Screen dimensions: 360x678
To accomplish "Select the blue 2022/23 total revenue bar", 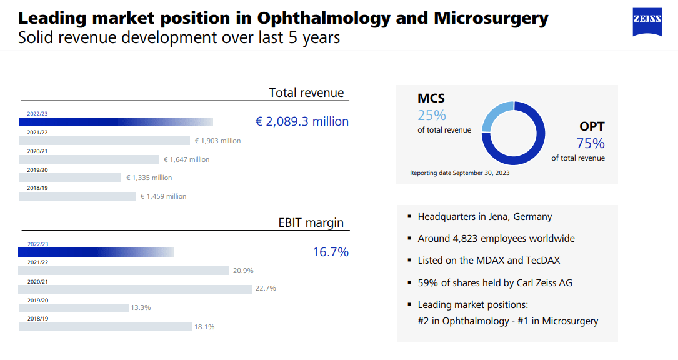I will point(116,122).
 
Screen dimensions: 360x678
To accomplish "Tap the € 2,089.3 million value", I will point(302,121).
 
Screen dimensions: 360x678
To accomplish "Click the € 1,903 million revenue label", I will point(217,141).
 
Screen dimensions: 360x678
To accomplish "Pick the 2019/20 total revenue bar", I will point(69,177).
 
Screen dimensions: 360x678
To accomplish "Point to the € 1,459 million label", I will point(163,196).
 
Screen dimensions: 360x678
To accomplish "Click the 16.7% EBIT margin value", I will point(331,252).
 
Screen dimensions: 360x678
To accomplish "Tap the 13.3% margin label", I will point(141,307).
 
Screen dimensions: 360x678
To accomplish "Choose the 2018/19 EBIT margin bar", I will point(105,326).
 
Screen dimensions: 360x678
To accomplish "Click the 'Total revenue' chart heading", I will point(306,92).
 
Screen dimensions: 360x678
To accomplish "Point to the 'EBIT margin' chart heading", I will point(311,223).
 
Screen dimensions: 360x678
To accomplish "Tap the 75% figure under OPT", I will point(591,143).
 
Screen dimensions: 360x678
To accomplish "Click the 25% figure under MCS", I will point(432,115).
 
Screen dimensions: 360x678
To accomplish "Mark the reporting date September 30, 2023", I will point(459,172).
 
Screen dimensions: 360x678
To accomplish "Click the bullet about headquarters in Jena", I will point(484,217).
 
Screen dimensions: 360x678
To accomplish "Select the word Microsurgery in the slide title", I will point(491,18).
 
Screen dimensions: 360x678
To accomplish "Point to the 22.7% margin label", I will point(266,288).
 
